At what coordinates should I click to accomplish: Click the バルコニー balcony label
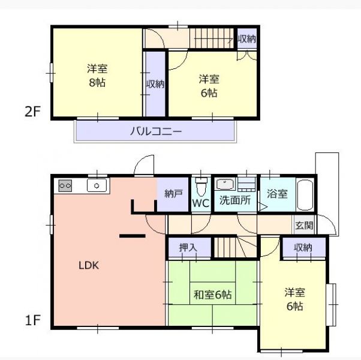point(156,131)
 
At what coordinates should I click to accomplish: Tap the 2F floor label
point(32,112)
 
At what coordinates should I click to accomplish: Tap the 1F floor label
point(33,320)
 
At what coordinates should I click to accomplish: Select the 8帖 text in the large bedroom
point(97,82)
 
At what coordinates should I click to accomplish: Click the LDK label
point(89,265)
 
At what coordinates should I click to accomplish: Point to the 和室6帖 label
point(213,295)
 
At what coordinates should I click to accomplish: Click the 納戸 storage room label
point(174,194)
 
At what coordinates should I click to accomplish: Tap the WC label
point(201,203)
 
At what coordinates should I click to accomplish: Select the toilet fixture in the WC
point(201,186)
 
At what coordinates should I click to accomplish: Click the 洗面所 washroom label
point(235,200)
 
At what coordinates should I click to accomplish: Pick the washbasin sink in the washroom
point(225,184)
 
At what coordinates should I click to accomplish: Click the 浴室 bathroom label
point(277,194)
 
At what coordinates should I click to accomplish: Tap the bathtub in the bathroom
point(305,195)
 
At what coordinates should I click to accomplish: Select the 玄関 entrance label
point(304,225)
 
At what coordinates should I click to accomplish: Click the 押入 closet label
point(188,247)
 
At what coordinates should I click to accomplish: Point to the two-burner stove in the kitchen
point(65,185)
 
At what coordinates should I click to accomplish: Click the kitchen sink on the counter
point(97,185)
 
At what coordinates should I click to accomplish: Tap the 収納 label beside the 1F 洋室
point(303,248)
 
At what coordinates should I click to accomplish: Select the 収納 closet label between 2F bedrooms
point(156,84)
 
